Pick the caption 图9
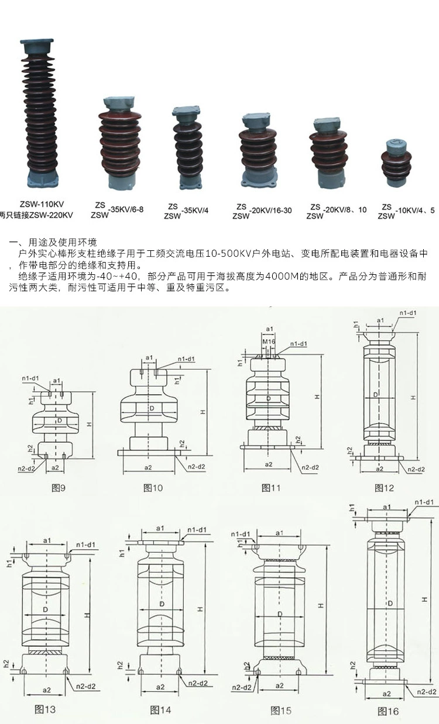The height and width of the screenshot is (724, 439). tap(58, 487)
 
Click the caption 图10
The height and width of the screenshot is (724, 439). tap(153, 488)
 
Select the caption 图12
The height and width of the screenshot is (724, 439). tap(385, 487)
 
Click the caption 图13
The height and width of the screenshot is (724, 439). tap(45, 709)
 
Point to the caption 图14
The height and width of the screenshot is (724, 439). tap(160, 710)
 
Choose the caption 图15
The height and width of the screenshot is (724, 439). tap(281, 711)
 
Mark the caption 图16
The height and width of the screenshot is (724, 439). tap(388, 711)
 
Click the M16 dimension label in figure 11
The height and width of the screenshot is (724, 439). tap(269, 341)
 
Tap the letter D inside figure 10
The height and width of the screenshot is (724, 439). tap(152, 408)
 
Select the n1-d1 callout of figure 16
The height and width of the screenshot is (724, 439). tap(424, 502)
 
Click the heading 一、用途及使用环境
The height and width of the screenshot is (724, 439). tap(53, 242)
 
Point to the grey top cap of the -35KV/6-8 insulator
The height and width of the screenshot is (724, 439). tap(119, 105)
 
